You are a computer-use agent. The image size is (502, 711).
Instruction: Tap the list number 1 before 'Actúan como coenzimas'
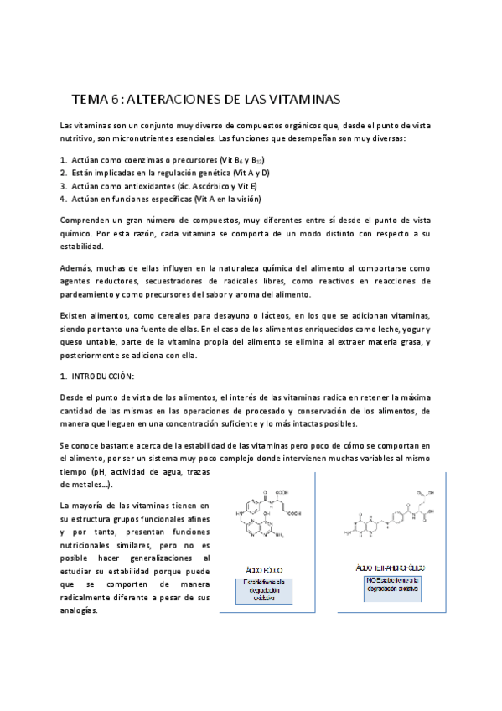click(x=63, y=158)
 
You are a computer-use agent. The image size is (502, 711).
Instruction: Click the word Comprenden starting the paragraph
click(x=85, y=220)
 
